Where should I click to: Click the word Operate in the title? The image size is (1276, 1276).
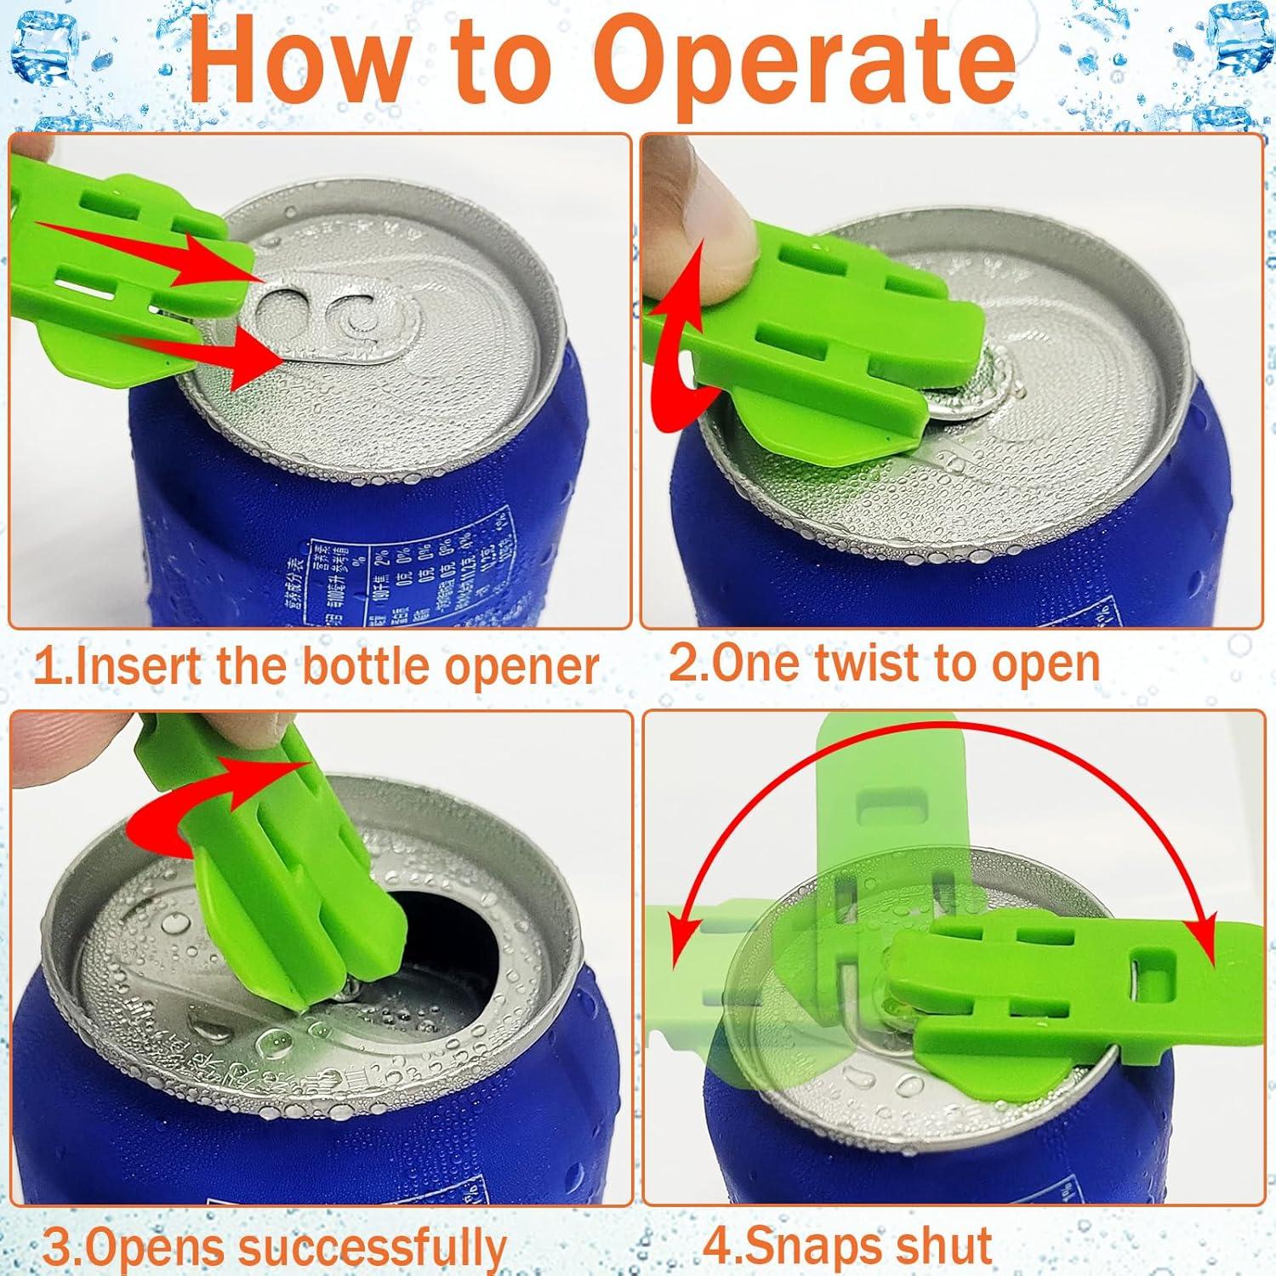(x=804, y=64)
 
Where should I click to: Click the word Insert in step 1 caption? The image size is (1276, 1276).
(x=136, y=667)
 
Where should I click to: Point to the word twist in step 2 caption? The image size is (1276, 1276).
(x=862, y=664)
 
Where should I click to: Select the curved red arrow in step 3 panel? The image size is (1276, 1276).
(x=213, y=808)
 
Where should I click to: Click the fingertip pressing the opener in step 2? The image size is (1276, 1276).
(x=723, y=221)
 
